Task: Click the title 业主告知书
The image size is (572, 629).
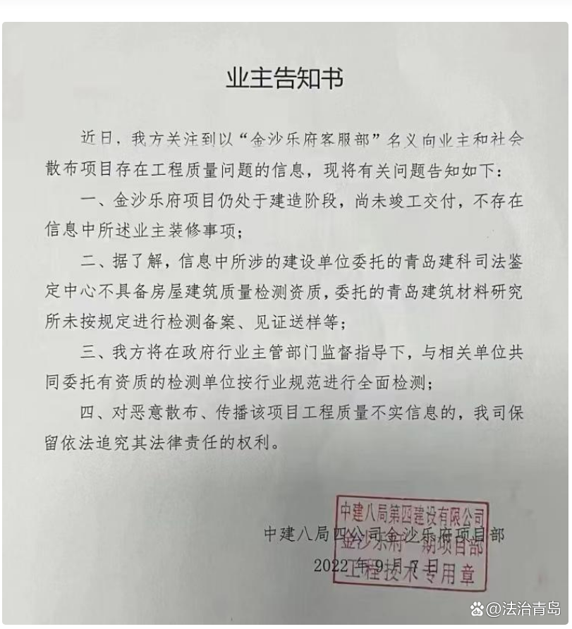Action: coord(284,79)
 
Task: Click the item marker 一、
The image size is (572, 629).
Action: coord(97,201)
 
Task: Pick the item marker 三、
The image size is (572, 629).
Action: coord(97,351)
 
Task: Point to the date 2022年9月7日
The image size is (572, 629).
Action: coord(375,566)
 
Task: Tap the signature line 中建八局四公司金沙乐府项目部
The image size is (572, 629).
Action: coord(384,534)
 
